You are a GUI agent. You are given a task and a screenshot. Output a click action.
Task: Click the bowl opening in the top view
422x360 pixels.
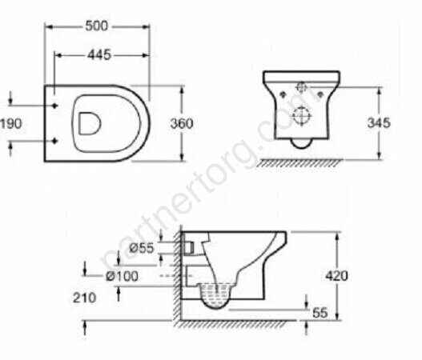[x=89, y=122]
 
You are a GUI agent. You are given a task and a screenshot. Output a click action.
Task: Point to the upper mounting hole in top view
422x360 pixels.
[x=54, y=105]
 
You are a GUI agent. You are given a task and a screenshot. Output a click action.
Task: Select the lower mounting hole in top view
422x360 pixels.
[x=54, y=142]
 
